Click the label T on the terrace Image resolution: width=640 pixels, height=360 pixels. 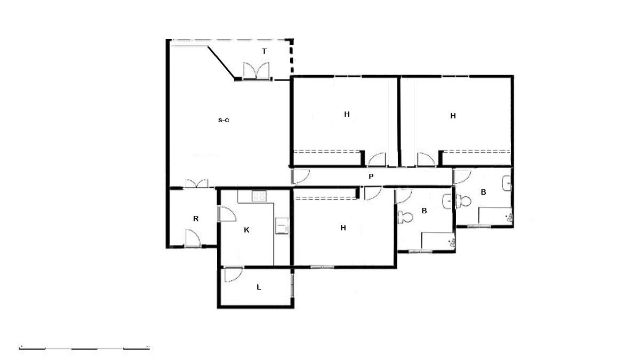[264, 51]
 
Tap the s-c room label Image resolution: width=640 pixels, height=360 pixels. [223, 120]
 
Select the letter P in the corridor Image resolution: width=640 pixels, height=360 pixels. [371, 176]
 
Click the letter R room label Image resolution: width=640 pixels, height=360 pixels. [196, 219]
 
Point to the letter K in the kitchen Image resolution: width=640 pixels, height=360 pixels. [246, 230]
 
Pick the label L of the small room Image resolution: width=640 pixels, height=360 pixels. [259, 287]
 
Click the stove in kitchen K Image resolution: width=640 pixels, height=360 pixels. [259, 196]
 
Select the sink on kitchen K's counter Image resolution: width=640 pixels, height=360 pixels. [281, 226]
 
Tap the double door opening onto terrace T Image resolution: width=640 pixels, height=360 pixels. [257, 71]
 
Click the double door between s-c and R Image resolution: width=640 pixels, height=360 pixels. [196, 183]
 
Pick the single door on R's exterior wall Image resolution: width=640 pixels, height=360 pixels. [192, 238]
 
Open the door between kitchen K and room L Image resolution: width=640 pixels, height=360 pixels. [233, 274]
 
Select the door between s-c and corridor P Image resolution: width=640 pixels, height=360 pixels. [300, 176]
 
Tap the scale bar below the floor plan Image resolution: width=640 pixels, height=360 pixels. [84, 348]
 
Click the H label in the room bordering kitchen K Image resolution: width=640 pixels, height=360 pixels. [343, 228]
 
